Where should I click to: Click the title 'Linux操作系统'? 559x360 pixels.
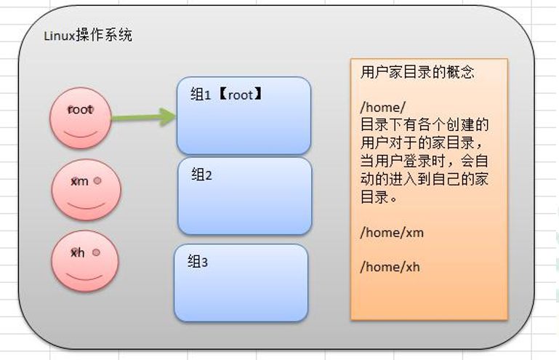[88, 36]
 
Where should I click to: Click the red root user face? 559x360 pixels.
[80, 118]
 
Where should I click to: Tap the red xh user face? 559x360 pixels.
[84, 261]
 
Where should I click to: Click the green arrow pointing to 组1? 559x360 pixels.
[143, 116]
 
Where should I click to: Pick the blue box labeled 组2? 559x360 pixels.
[244, 196]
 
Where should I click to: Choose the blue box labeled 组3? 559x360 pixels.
[241, 283]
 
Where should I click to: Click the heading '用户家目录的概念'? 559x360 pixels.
[417, 73]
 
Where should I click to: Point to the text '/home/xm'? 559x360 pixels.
[392, 233]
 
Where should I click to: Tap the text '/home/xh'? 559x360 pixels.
[390, 267]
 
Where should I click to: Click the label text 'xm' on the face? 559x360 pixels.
[79, 181]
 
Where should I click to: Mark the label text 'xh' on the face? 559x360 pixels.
[78, 253]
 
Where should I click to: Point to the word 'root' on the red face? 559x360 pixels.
[80, 110]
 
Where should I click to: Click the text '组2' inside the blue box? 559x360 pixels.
[201, 175]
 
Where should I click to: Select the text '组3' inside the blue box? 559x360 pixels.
[198, 262]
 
